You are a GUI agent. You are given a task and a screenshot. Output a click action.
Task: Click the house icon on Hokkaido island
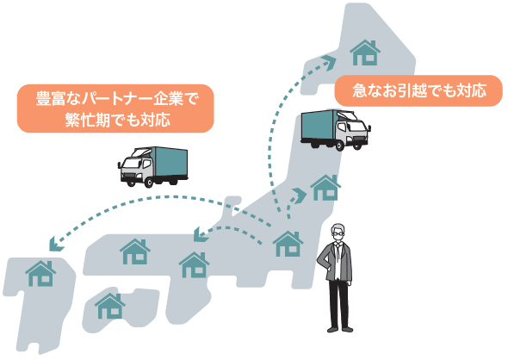pyautogui.click(x=365, y=53)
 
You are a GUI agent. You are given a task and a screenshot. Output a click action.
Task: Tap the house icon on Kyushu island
pyautogui.click(x=40, y=274)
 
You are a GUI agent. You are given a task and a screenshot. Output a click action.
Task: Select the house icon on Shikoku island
pyautogui.click(x=110, y=307)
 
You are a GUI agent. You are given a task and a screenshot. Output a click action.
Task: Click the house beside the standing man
pyautogui.click(x=288, y=244)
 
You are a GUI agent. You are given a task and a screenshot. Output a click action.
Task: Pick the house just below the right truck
pyautogui.click(x=325, y=188)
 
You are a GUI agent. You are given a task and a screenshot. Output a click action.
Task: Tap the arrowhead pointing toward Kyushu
pyautogui.click(x=56, y=244)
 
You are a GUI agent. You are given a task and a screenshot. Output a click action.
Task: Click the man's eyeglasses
pyautogui.click(x=338, y=233)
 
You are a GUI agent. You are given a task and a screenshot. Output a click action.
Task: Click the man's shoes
pyautogui.click(x=339, y=329)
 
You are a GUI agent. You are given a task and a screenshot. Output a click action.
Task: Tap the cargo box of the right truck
pyautogui.click(x=319, y=126)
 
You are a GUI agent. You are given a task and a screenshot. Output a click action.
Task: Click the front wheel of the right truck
pyautogui.click(x=339, y=146)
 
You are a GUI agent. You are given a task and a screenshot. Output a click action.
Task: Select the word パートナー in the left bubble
pyautogui.click(x=116, y=98)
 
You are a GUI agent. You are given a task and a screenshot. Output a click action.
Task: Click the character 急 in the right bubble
pyautogui.click(x=359, y=90)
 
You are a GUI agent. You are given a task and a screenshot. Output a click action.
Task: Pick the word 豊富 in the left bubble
pyautogui.click(x=51, y=98)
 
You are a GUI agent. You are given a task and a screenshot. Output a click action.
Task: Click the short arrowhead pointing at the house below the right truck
pyautogui.click(x=300, y=195)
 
